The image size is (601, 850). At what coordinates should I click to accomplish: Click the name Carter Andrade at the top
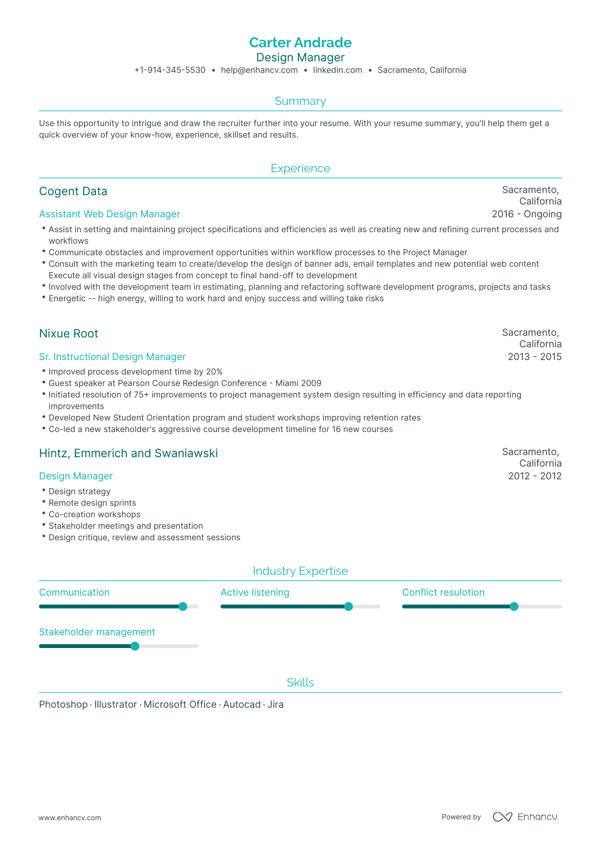[300, 43]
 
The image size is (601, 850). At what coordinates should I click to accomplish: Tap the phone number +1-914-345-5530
[170, 70]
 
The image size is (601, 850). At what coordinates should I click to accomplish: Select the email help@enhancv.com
[259, 70]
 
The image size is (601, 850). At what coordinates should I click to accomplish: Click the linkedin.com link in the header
[337, 70]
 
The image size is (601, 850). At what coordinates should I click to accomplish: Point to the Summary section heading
[300, 101]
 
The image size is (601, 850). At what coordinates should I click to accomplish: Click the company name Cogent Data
[73, 191]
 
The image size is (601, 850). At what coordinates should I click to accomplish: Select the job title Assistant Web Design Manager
[110, 214]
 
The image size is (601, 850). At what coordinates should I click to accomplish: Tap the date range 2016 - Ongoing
[526, 214]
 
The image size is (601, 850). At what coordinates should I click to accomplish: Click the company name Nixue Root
[69, 334]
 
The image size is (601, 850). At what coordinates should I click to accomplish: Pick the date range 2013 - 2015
[535, 357]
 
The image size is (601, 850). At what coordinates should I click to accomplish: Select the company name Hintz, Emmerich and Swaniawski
[128, 453]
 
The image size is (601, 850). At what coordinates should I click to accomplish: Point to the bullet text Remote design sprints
[92, 503]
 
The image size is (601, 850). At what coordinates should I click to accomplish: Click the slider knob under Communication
[183, 607]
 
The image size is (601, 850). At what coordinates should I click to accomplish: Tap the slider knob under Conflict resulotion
[514, 607]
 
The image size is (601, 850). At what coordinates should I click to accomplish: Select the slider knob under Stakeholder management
[135, 646]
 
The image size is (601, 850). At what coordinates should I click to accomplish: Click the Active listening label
[255, 593]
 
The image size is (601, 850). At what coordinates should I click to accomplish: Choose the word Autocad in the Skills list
[242, 705]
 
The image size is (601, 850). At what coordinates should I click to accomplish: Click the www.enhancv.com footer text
[70, 818]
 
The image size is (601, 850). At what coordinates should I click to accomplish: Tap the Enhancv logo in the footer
[525, 817]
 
